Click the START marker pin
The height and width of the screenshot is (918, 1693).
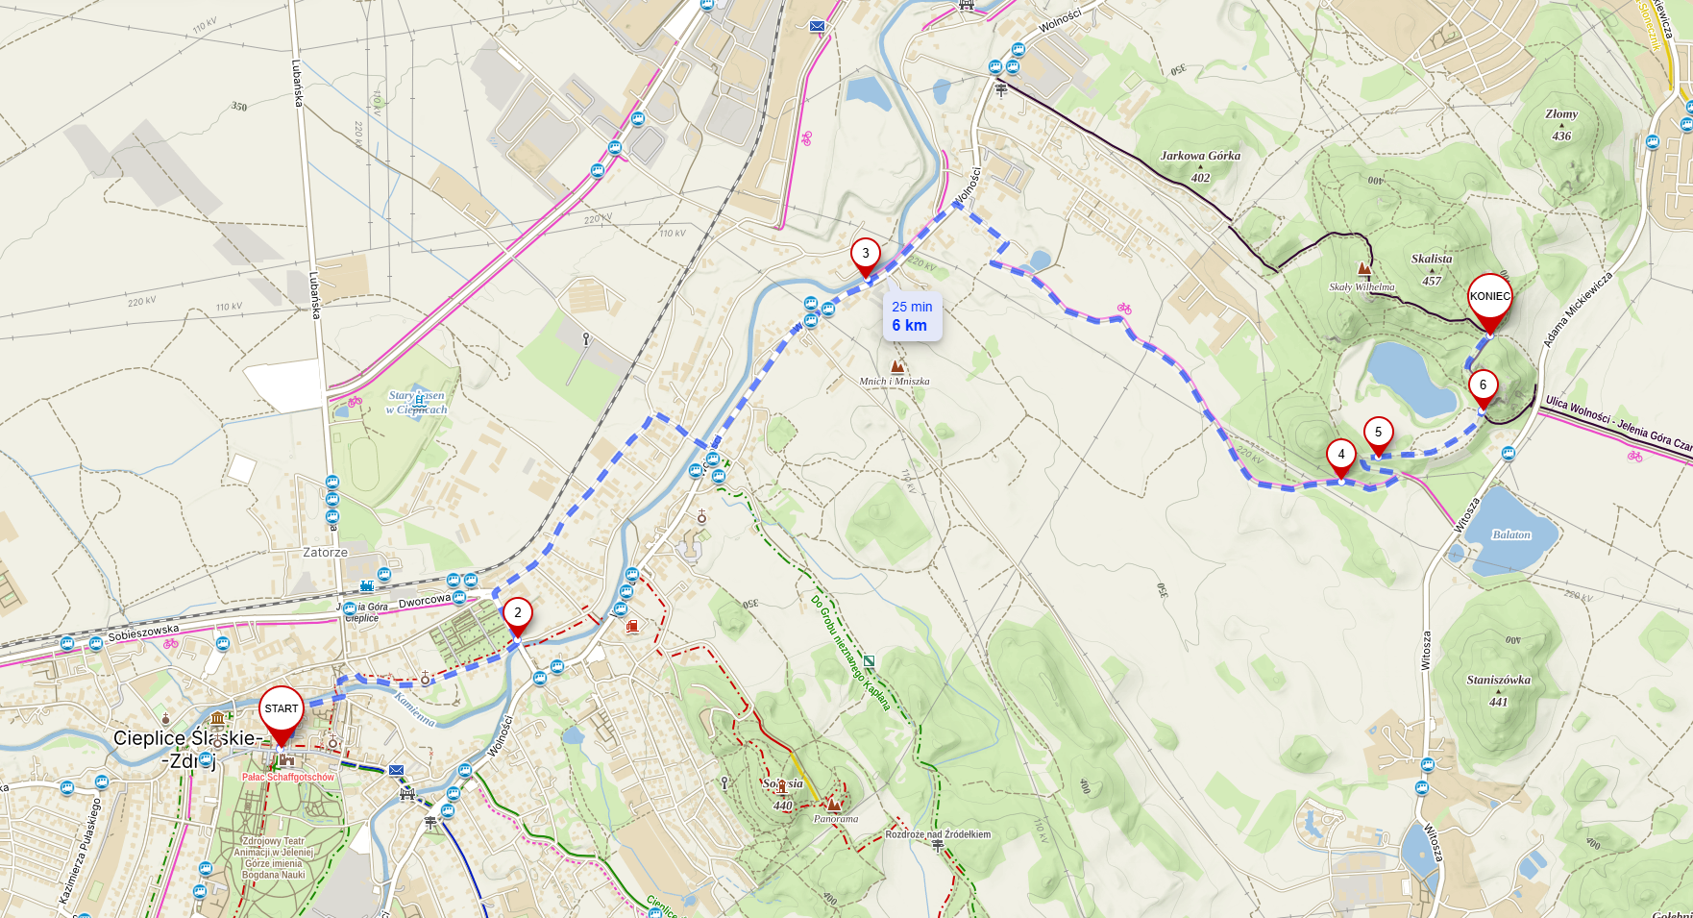(282, 710)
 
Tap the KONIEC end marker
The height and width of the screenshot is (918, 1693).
(1489, 298)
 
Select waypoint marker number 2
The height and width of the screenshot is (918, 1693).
(518, 613)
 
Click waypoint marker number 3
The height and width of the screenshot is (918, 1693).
(865, 255)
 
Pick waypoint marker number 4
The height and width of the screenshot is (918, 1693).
(1341, 456)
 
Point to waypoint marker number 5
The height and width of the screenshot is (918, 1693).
(1378, 434)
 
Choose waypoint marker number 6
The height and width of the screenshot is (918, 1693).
(1483, 386)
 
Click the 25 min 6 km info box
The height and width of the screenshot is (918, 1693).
(912, 316)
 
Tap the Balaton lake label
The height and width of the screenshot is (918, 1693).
(1510, 534)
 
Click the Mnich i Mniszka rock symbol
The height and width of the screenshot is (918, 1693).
(897, 366)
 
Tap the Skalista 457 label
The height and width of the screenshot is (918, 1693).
(1432, 268)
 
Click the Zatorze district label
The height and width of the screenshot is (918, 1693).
(325, 553)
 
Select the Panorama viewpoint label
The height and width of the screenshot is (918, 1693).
(835, 819)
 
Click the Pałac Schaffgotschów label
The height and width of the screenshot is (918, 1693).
(288, 777)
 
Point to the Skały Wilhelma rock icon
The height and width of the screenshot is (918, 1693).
(1363, 269)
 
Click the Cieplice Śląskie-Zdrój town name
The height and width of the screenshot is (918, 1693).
(187, 748)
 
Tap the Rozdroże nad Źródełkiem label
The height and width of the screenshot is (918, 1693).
(938, 834)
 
